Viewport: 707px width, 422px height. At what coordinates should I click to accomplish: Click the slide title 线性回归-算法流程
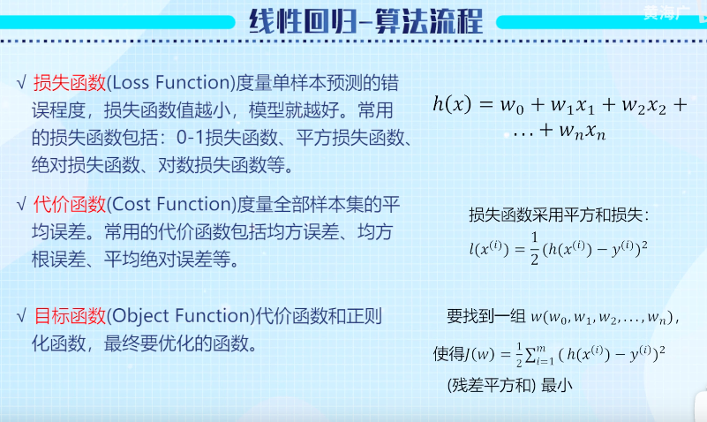click(x=365, y=21)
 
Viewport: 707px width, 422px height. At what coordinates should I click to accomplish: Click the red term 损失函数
click(x=70, y=83)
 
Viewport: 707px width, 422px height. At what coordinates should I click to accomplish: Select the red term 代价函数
click(x=70, y=205)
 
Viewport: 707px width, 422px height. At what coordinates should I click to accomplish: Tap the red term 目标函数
click(x=70, y=316)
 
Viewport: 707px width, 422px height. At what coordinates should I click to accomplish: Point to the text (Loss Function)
click(x=171, y=83)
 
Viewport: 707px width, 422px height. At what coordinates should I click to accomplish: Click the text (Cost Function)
click(x=172, y=205)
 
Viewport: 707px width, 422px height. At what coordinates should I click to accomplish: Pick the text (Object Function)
click(x=181, y=316)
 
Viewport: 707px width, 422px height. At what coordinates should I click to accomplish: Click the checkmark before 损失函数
click(x=21, y=83)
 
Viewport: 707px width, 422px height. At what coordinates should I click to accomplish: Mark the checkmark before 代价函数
click(x=21, y=205)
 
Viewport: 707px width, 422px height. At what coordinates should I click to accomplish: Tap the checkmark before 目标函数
click(x=21, y=316)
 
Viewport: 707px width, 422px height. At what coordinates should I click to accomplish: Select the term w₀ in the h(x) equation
click(x=512, y=106)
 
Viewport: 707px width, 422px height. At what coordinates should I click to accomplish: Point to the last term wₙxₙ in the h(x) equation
click(x=582, y=132)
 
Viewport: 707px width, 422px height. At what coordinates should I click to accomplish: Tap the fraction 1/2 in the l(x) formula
click(x=534, y=248)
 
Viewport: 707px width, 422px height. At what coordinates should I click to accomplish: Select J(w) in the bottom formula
click(x=480, y=354)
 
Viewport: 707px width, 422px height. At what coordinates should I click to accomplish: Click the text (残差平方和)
click(x=492, y=386)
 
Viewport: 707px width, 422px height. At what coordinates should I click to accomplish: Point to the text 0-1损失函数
click(x=227, y=138)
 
